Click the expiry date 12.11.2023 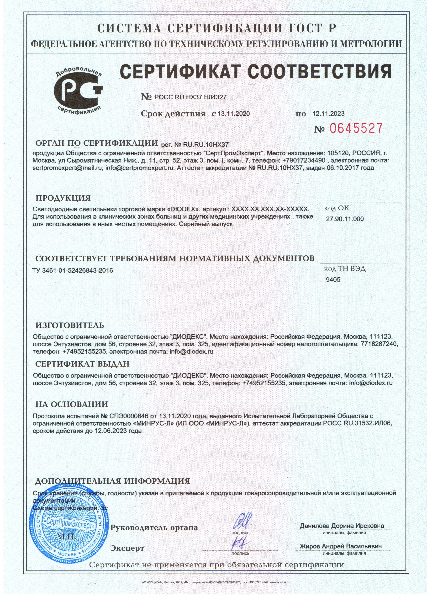[x=328, y=114]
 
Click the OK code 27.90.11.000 [x=345, y=219]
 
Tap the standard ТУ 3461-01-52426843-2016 [x=73, y=270]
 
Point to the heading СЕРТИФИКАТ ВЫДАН [x=82, y=364]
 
